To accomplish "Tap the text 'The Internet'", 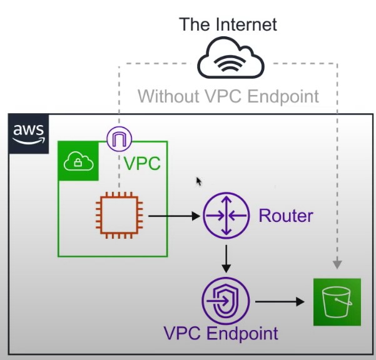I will [228, 25].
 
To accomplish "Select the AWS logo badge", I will [29, 133].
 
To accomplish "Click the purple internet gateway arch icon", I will [118, 139].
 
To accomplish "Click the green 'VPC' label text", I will [142, 164].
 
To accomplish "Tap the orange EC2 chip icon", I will [118, 216].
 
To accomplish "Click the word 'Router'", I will [286, 217].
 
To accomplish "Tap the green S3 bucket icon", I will [337, 302].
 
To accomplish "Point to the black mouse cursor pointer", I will [199, 181].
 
